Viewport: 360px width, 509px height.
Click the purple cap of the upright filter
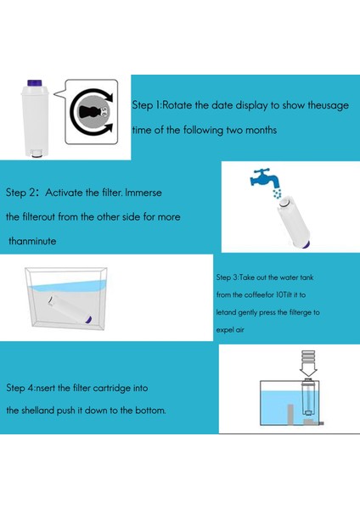[x=35, y=83]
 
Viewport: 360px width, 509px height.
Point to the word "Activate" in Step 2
[x=64, y=193]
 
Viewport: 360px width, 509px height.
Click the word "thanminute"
[x=32, y=241]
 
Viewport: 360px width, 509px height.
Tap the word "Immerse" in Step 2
[x=143, y=193]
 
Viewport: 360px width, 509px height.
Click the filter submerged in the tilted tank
[x=70, y=310]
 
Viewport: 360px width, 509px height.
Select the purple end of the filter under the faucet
[x=306, y=245]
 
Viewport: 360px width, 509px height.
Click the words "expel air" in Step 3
[x=230, y=330]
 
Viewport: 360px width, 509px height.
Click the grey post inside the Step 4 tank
[x=290, y=415]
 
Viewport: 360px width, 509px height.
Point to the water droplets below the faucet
[x=277, y=193]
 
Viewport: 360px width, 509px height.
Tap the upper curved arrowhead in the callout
[x=110, y=98]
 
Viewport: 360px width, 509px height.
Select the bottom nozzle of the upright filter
[x=37, y=154]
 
